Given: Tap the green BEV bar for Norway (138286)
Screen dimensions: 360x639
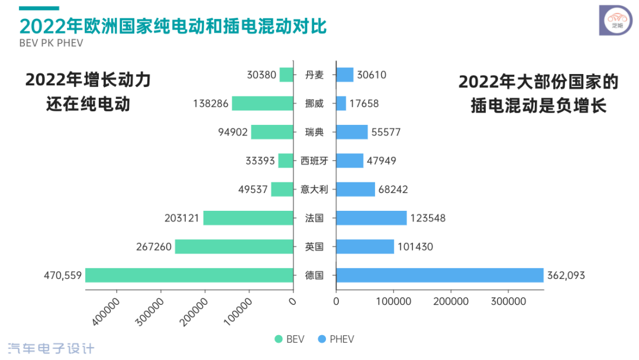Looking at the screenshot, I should pyautogui.click(x=263, y=103).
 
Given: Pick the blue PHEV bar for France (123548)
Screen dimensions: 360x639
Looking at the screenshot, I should pyautogui.click(x=371, y=218).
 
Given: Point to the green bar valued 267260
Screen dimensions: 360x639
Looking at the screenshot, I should pyautogui.click(x=234, y=246).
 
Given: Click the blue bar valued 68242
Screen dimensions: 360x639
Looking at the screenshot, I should pyautogui.click(x=355, y=189).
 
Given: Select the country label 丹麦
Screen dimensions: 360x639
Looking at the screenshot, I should pyautogui.click(x=314, y=75).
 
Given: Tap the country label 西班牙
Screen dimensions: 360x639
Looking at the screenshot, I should pyautogui.click(x=314, y=160).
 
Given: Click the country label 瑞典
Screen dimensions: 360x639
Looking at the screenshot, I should pyautogui.click(x=314, y=132).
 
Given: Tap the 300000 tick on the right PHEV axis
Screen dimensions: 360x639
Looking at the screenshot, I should pyautogui.click(x=509, y=301).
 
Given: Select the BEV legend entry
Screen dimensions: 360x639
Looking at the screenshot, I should pyautogui.click(x=289, y=339).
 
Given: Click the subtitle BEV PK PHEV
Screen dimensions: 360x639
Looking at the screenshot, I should pyautogui.click(x=51, y=43).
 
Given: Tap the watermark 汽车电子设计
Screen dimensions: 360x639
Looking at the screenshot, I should pyautogui.click(x=51, y=348).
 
